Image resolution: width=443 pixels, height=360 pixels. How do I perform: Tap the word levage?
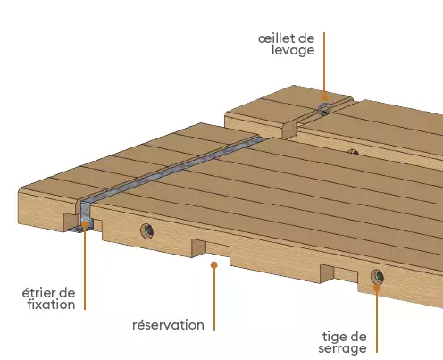[293, 50]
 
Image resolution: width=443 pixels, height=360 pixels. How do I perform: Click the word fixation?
[51, 305]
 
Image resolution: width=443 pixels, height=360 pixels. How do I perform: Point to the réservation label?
[168, 325]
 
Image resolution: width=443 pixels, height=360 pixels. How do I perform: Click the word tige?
[332, 337]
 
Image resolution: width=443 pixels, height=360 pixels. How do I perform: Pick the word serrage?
[342, 348]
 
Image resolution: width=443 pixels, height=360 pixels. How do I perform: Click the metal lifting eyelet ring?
[324, 109]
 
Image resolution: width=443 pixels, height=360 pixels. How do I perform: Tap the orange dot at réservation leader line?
[214, 264]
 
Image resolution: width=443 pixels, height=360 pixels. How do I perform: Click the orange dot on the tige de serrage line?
[376, 288]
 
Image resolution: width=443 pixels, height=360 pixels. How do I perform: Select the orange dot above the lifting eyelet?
[324, 97]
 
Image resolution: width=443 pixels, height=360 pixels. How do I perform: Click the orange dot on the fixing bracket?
[85, 224]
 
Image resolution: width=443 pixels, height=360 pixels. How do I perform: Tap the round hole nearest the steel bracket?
[147, 230]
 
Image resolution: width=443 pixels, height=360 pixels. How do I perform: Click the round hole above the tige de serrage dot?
[377, 276]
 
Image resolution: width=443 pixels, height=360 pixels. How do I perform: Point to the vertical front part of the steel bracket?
[86, 212]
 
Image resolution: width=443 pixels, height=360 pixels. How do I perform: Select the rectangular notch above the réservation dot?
[211, 247]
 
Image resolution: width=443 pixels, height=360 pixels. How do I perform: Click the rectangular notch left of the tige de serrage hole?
[339, 273]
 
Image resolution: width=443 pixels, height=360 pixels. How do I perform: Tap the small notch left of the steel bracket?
[71, 222]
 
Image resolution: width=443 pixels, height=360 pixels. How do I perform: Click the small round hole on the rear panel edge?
[353, 152]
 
